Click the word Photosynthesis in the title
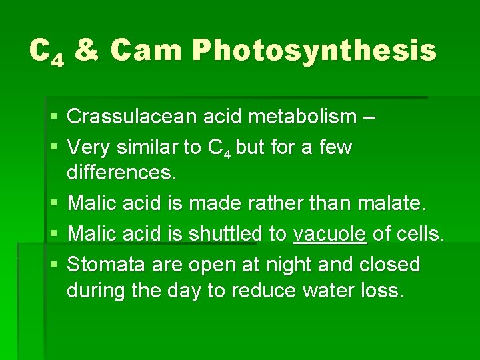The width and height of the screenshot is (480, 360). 315,51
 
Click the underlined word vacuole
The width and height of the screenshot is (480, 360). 330,234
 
